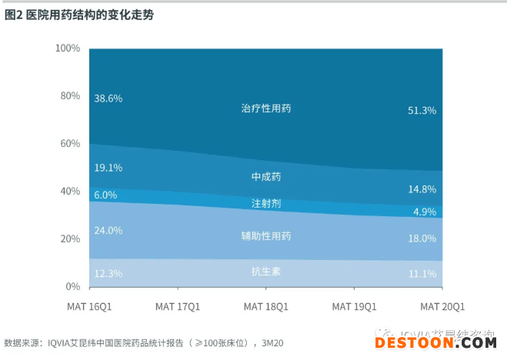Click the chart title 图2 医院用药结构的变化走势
(79, 15)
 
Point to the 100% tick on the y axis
(68, 48)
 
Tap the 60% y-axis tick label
(70, 144)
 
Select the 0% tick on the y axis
(73, 287)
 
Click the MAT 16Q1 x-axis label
(89, 306)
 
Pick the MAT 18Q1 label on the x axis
(265, 306)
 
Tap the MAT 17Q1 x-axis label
(177, 306)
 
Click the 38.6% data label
(108, 98)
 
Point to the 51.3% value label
(422, 111)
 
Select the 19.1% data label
(108, 167)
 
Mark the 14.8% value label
(422, 188)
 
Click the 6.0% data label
(106, 195)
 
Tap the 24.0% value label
(108, 230)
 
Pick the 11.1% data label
(422, 273)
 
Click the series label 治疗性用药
(265, 108)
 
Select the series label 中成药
(265, 177)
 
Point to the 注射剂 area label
(265, 204)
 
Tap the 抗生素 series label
(265, 270)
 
